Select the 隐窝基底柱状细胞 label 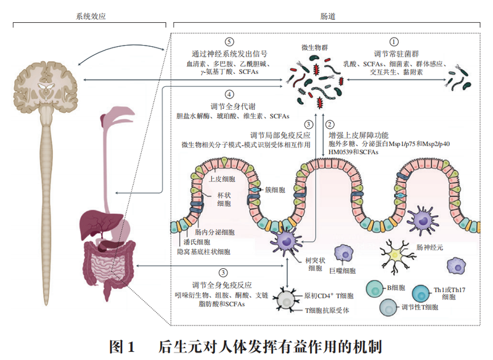[203, 252]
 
